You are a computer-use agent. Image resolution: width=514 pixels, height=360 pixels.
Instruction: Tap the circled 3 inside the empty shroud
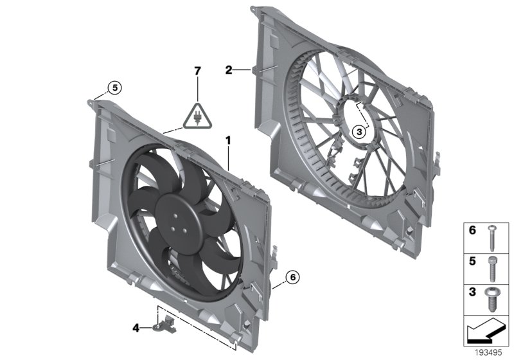[x=359, y=131]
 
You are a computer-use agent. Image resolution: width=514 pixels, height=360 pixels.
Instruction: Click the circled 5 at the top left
[x=114, y=87]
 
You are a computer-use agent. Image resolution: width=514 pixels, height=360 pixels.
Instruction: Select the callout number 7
[x=198, y=70]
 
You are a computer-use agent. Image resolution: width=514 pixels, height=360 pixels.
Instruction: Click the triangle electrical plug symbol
[x=197, y=116]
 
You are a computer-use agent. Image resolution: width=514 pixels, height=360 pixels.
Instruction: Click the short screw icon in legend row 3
[x=492, y=300]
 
